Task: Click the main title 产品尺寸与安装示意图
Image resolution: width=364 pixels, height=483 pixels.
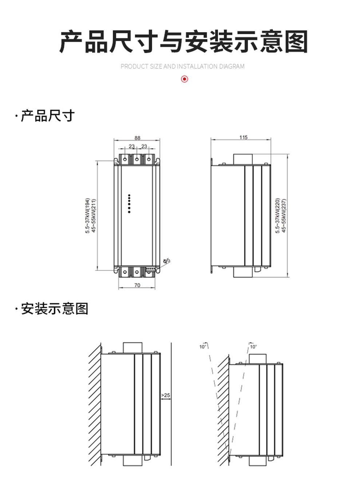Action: pyautogui.click(x=183, y=41)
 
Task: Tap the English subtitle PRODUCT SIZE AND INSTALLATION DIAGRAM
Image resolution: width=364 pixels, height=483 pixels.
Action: pyautogui.click(x=182, y=66)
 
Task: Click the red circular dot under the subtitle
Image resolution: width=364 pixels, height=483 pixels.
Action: pyautogui.click(x=185, y=79)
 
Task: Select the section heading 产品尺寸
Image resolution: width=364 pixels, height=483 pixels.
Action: pyautogui.click(x=47, y=116)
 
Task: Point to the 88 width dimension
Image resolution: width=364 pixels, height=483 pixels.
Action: pyautogui.click(x=137, y=138)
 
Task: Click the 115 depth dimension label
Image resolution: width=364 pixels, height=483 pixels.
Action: pyautogui.click(x=243, y=137)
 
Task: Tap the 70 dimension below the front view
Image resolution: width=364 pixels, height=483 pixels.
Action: pyautogui.click(x=137, y=285)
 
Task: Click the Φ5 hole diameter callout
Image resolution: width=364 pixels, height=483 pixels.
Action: pyautogui.click(x=166, y=261)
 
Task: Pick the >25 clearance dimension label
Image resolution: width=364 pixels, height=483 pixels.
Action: pyautogui.click(x=166, y=395)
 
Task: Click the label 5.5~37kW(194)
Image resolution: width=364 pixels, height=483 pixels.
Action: pyautogui.click(x=87, y=216)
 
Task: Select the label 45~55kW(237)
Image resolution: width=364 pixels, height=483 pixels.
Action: pyautogui.click(x=284, y=215)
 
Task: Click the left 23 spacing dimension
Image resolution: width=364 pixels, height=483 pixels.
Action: pyautogui.click(x=131, y=146)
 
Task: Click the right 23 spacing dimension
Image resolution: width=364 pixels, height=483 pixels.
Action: pyautogui.click(x=144, y=146)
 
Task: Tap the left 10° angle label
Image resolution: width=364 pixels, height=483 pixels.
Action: pyautogui.click(x=203, y=347)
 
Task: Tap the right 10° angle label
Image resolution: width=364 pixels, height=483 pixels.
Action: pyautogui.click(x=253, y=347)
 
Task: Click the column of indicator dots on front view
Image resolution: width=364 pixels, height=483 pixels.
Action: pyautogui.click(x=129, y=203)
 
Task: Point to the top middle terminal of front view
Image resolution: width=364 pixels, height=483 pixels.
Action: pyautogui.click(x=136, y=159)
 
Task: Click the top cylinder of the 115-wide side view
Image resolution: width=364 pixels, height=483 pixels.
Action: pyautogui.click(x=242, y=159)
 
